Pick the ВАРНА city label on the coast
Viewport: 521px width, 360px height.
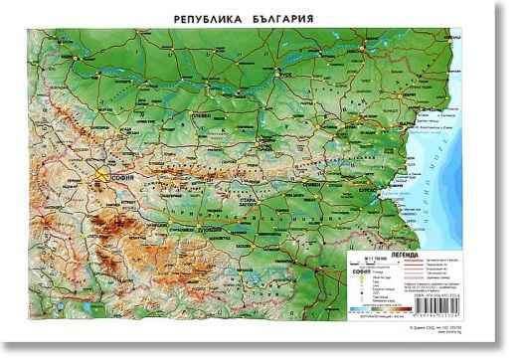tap(432, 124)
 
